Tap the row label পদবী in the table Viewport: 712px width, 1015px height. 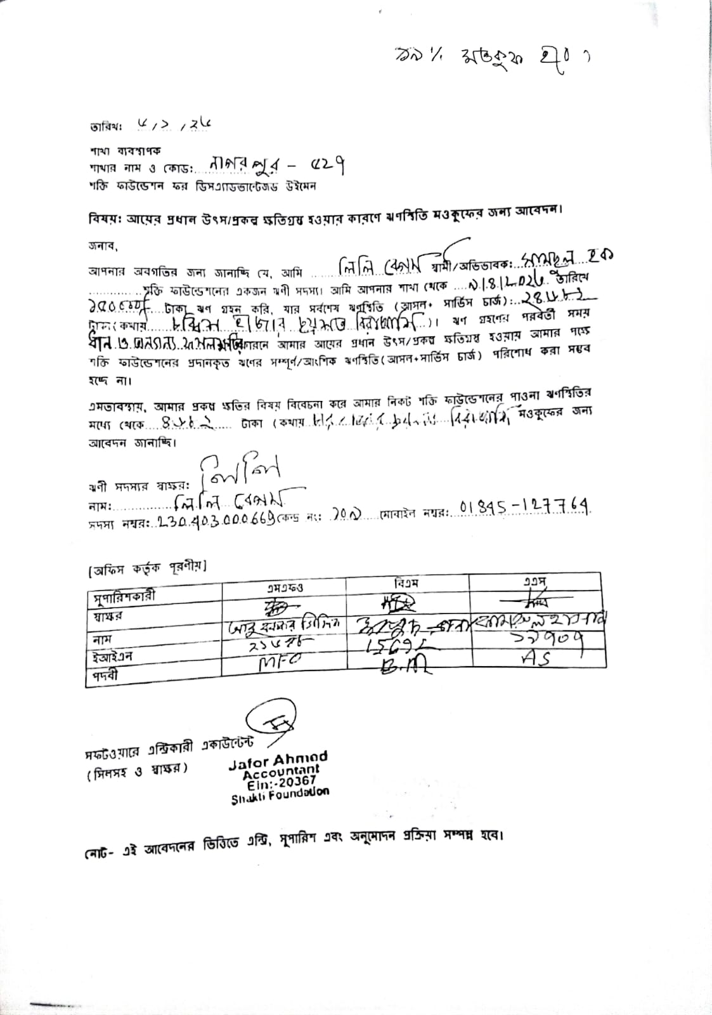pyautogui.click(x=101, y=676)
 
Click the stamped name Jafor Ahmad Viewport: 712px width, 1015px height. pyautogui.click(x=278, y=759)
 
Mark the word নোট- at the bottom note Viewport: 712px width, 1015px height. pyautogui.click(x=100, y=850)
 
